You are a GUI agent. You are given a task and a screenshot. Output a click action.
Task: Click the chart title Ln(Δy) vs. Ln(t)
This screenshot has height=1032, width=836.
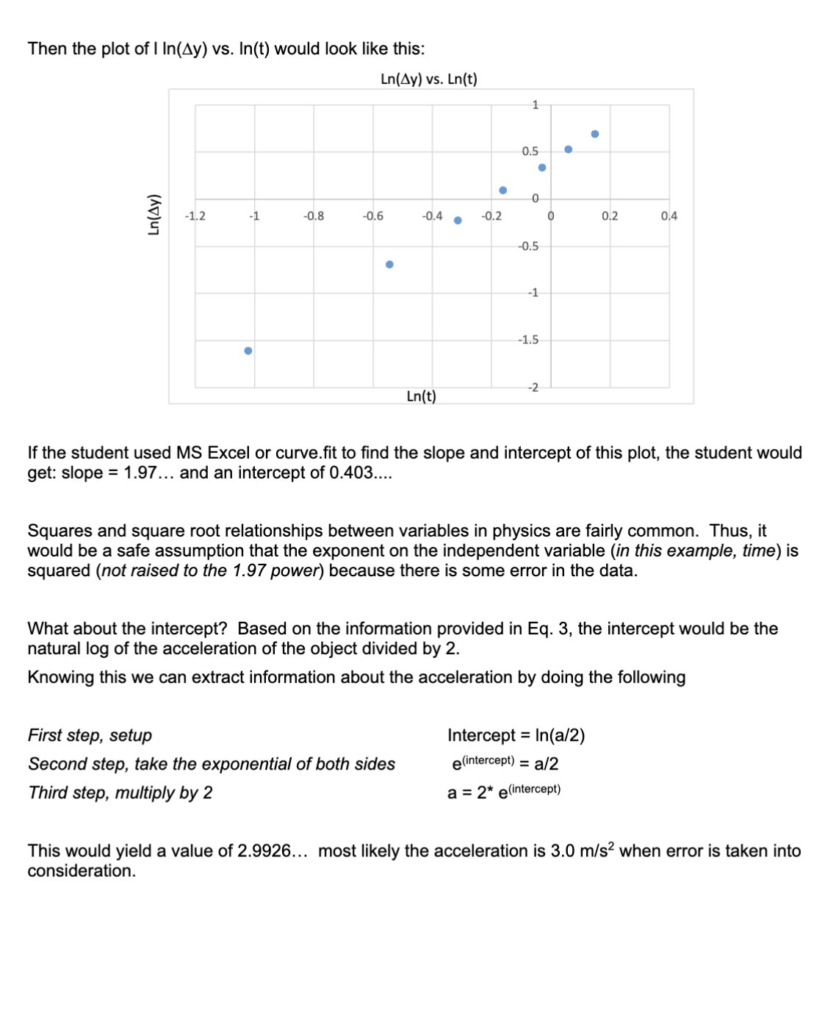(x=428, y=79)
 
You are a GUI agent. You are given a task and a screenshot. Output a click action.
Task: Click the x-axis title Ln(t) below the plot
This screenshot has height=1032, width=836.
(x=421, y=397)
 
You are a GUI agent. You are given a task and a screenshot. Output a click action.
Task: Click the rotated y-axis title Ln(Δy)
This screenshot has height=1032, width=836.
(x=154, y=215)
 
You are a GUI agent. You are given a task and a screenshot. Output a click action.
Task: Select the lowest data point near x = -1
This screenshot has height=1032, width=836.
(x=248, y=351)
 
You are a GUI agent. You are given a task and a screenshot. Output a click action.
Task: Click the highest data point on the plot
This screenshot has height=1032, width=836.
(x=595, y=135)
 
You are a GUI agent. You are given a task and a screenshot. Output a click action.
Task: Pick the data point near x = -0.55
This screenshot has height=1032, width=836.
(x=389, y=265)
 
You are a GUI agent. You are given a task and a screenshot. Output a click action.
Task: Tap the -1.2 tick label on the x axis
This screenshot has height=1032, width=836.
(x=195, y=216)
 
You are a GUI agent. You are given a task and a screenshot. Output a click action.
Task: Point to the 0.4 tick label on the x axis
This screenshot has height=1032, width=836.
(x=669, y=216)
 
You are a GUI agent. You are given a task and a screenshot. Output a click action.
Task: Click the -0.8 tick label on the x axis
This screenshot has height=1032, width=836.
(x=314, y=216)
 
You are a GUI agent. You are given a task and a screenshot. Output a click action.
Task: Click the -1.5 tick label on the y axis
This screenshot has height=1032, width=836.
(x=528, y=340)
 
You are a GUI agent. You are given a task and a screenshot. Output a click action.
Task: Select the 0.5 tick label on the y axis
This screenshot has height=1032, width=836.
(x=530, y=151)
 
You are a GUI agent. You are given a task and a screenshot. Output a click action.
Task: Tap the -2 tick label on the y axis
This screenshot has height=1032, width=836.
(x=532, y=387)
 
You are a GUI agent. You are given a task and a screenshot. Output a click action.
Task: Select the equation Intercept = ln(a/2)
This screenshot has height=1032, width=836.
(x=516, y=736)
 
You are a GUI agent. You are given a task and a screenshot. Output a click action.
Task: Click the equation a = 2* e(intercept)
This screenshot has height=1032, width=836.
(x=503, y=792)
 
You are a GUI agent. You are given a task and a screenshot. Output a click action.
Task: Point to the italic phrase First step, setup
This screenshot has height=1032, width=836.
(x=90, y=736)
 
